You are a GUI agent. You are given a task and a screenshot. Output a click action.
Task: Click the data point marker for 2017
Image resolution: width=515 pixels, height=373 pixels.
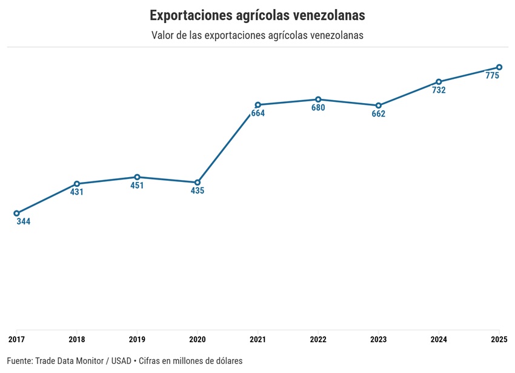[x=16, y=213]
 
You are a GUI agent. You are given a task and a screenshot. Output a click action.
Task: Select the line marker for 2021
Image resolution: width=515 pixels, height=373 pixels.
[x=258, y=105]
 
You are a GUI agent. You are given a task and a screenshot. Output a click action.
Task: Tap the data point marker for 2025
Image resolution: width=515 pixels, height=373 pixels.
[x=499, y=67]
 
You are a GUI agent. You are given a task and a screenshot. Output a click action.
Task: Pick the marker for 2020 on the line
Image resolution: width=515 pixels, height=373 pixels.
[x=198, y=183]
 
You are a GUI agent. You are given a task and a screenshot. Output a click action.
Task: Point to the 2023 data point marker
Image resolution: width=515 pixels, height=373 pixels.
[x=379, y=106]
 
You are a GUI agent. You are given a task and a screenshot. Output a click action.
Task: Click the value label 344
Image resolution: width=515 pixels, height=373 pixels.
[x=24, y=222]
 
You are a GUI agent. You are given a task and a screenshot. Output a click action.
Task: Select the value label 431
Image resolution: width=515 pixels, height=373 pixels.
[x=77, y=192]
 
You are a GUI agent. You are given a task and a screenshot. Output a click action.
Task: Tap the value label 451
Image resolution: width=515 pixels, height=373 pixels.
[x=137, y=186]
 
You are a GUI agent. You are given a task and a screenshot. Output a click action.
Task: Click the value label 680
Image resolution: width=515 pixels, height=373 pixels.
[x=318, y=108]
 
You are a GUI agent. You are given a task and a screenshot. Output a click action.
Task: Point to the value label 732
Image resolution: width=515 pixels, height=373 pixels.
[x=439, y=90]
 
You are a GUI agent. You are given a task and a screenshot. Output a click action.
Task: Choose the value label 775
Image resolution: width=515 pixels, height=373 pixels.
[x=492, y=76]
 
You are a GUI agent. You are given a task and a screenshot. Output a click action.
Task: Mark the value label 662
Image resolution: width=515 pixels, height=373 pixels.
[x=379, y=114]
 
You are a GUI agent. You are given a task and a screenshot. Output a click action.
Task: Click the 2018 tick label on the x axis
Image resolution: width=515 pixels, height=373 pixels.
[x=77, y=339]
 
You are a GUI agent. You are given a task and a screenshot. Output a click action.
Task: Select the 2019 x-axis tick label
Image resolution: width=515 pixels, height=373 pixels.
[x=137, y=339]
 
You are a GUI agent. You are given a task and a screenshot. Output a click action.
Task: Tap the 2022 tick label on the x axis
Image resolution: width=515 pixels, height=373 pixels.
[x=318, y=339]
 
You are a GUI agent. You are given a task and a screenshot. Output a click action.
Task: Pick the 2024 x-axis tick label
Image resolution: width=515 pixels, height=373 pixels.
[x=439, y=339]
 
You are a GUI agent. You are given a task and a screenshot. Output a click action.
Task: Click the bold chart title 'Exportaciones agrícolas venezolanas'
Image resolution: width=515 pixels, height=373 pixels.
[x=257, y=15]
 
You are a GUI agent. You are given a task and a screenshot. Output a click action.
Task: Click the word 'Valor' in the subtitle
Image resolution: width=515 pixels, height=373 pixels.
[x=164, y=35]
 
